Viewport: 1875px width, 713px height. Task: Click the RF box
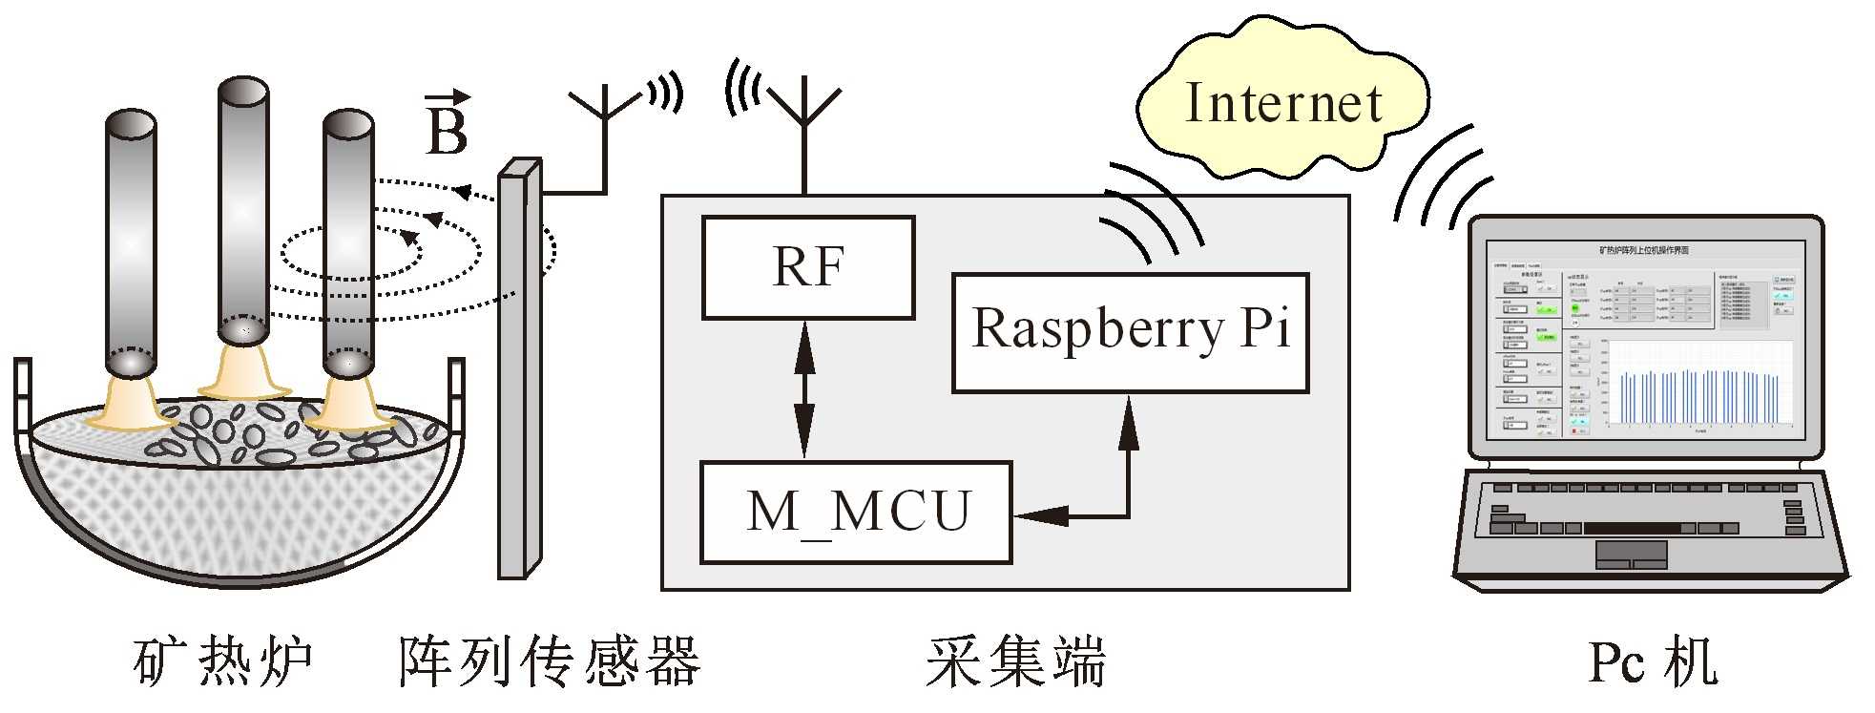tap(808, 267)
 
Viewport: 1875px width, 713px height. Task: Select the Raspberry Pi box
tap(1130, 332)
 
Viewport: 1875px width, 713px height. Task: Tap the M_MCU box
tap(856, 513)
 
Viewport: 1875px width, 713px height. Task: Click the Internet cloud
tap(1281, 103)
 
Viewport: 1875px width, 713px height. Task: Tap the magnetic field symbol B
tap(447, 126)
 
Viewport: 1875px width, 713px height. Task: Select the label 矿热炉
tap(223, 661)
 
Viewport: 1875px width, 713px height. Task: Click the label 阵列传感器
tap(550, 661)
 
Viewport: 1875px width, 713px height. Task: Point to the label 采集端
tap(1015, 661)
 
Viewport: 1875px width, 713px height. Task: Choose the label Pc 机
tap(1653, 661)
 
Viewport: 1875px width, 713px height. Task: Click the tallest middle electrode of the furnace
tap(243, 210)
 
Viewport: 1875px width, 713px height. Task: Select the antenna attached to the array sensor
tap(604, 124)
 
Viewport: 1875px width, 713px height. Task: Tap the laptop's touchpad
tap(1632, 554)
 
